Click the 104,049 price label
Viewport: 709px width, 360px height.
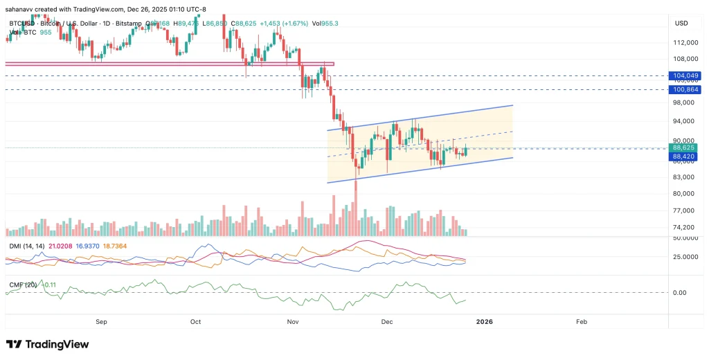[x=683, y=75]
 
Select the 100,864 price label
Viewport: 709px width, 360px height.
[x=683, y=90]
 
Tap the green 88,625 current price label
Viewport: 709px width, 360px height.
[x=683, y=147]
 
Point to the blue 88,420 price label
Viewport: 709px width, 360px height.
[x=683, y=156]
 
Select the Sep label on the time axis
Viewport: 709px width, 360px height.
[x=101, y=321]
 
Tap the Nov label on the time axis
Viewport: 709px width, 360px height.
[x=293, y=321]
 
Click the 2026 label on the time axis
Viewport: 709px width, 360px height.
[x=484, y=321]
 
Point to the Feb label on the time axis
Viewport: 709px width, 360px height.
[x=582, y=321]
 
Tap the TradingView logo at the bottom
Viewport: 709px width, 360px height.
[x=47, y=344]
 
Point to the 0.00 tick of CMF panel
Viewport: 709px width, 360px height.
[x=681, y=292]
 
